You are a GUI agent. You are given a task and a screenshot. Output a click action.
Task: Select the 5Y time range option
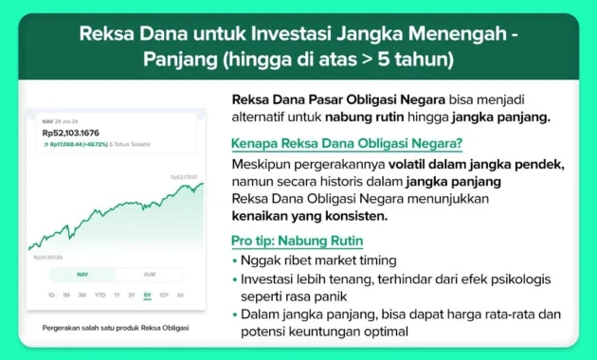pyautogui.click(x=147, y=295)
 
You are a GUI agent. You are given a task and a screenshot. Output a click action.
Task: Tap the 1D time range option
pyautogui.click(x=51, y=295)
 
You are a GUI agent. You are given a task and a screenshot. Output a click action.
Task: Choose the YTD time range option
pyautogui.click(x=99, y=295)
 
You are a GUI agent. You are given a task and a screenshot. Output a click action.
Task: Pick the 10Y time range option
pyautogui.click(x=164, y=295)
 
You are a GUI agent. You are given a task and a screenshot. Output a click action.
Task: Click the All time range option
pyautogui.click(x=180, y=295)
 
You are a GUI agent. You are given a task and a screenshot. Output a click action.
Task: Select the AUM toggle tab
pyautogui.click(x=149, y=275)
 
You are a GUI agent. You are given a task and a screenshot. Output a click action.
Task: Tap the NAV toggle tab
pyautogui.click(x=81, y=275)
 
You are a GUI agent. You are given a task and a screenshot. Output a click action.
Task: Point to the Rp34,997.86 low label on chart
pyautogui.click(x=48, y=257)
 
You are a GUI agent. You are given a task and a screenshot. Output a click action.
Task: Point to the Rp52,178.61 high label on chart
pyautogui.click(x=183, y=177)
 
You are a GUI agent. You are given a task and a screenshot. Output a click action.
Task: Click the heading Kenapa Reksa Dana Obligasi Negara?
pyautogui.click(x=347, y=144)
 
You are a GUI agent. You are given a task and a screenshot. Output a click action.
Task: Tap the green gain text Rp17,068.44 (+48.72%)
pyautogui.click(x=75, y=144)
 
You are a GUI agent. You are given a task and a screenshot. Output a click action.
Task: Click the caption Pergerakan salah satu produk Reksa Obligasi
pyautogui.click(x=116, y=328)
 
